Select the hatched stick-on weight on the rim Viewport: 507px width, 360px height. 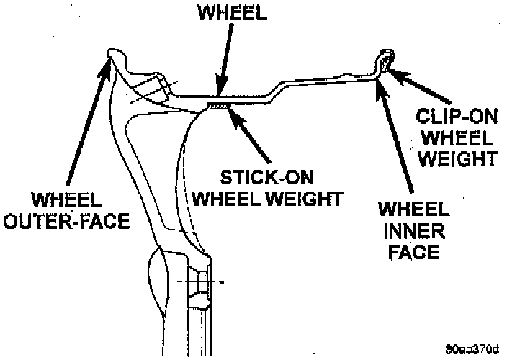point(219,105)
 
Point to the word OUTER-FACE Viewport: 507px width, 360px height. point(68,222)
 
